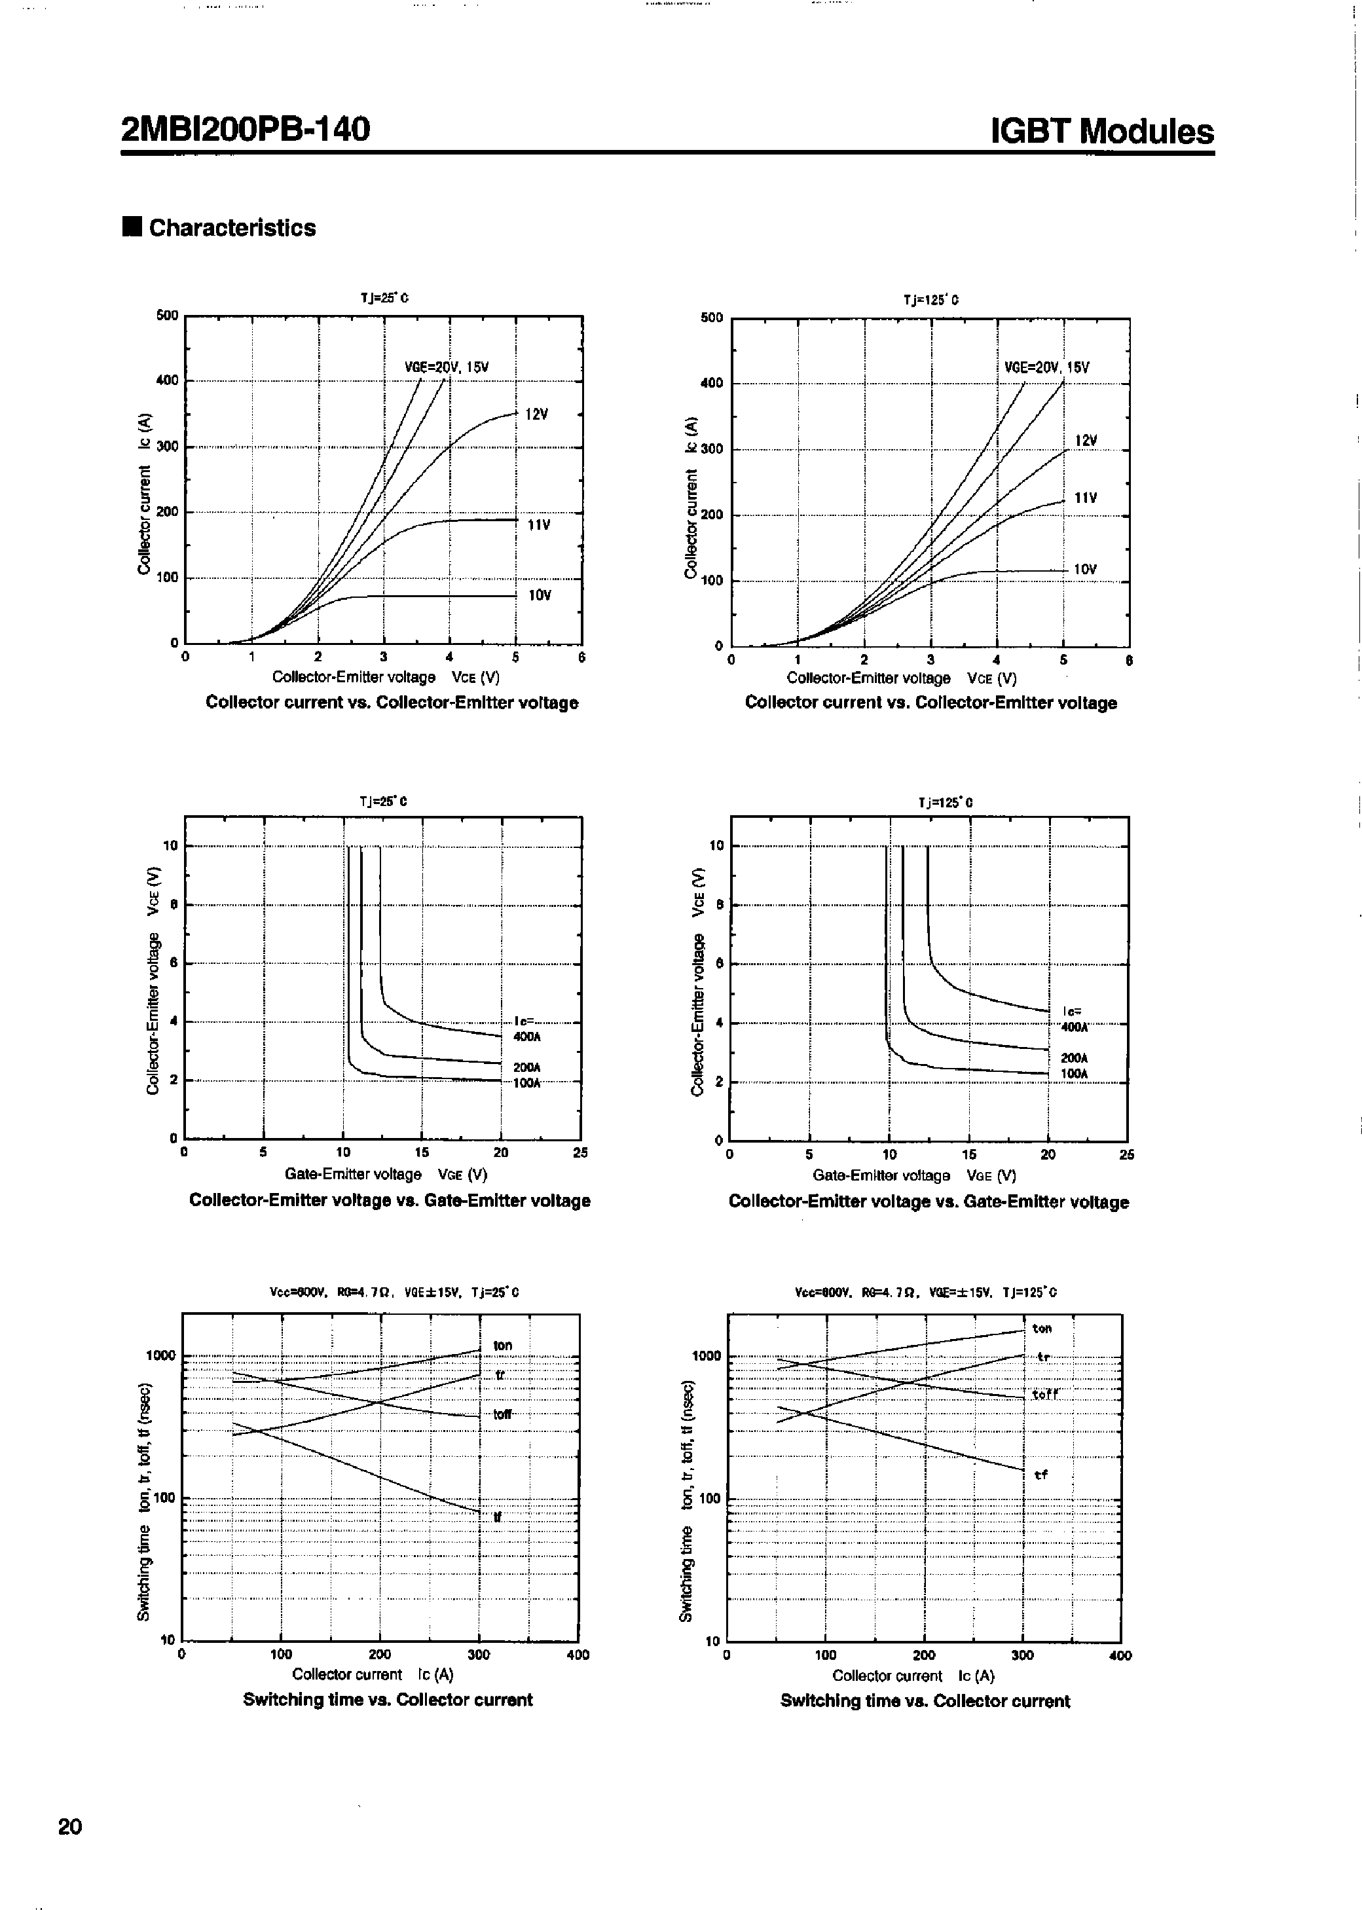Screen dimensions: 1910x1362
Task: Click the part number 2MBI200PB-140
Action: coord(245,129)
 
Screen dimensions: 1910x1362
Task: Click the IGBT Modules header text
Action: coord(1101,132)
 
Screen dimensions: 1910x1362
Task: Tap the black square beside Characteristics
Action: coord(132,227)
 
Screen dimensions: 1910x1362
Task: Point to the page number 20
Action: coord(69,1826)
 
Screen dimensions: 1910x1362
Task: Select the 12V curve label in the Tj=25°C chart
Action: coord(537,414)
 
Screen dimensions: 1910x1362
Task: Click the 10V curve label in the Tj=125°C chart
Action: coord(1085,569)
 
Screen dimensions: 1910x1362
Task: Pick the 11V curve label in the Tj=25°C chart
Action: coord(538,525)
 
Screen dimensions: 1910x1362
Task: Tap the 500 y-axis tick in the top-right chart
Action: coord(711,318)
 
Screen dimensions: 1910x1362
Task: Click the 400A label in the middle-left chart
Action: coord(526,1037)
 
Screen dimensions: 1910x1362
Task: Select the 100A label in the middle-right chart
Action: coord(1075,1073)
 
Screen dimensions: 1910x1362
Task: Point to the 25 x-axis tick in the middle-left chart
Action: coord(580,1153)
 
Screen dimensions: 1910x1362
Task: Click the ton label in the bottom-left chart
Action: coord(502,1346)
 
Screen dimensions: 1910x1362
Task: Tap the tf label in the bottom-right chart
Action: coord(1040,1475)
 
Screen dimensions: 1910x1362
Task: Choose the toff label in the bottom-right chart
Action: coord(1045,1394)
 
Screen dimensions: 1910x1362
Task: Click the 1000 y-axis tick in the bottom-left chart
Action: coord(161,1356)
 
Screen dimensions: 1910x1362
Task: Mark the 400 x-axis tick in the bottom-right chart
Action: coord(1120,1656)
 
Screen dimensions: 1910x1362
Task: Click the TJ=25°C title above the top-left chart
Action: coord(384,298)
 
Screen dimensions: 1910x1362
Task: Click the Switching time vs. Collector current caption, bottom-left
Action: coord(388,1700)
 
